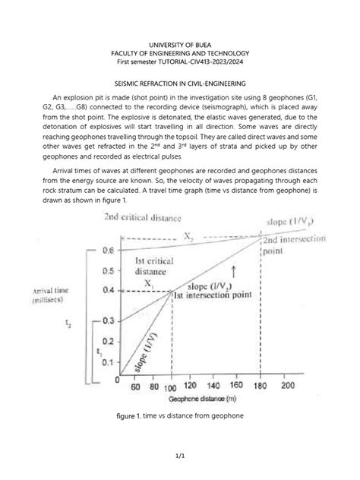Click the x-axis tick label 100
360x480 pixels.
pyautogui.click(x=172, y=387)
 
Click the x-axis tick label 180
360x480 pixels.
pyautogui.click(x=259, y=387)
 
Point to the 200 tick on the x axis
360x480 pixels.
pyautogui.click(x=288, y=387)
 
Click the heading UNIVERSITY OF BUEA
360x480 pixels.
pyautogui.click(x=180, y=27)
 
